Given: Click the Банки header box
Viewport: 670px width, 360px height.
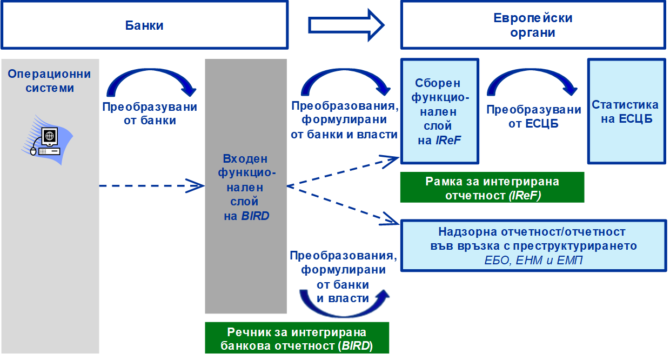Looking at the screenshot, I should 144,25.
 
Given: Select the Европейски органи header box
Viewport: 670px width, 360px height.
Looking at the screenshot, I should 532,25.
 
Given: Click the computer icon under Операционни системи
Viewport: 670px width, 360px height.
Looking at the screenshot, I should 45,139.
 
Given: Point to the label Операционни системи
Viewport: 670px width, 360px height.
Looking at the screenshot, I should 49,81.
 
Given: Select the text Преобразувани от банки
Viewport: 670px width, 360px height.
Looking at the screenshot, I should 150,114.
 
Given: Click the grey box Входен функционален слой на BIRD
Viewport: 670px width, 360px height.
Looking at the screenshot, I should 246,187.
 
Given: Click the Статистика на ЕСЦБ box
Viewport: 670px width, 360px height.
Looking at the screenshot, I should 626,111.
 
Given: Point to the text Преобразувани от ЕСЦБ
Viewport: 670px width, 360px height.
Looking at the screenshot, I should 534,116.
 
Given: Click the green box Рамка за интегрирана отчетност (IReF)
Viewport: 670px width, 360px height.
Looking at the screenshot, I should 492,188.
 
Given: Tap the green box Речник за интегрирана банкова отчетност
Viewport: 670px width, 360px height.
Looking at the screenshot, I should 297,338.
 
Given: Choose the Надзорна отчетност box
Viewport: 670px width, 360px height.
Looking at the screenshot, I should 532,245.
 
